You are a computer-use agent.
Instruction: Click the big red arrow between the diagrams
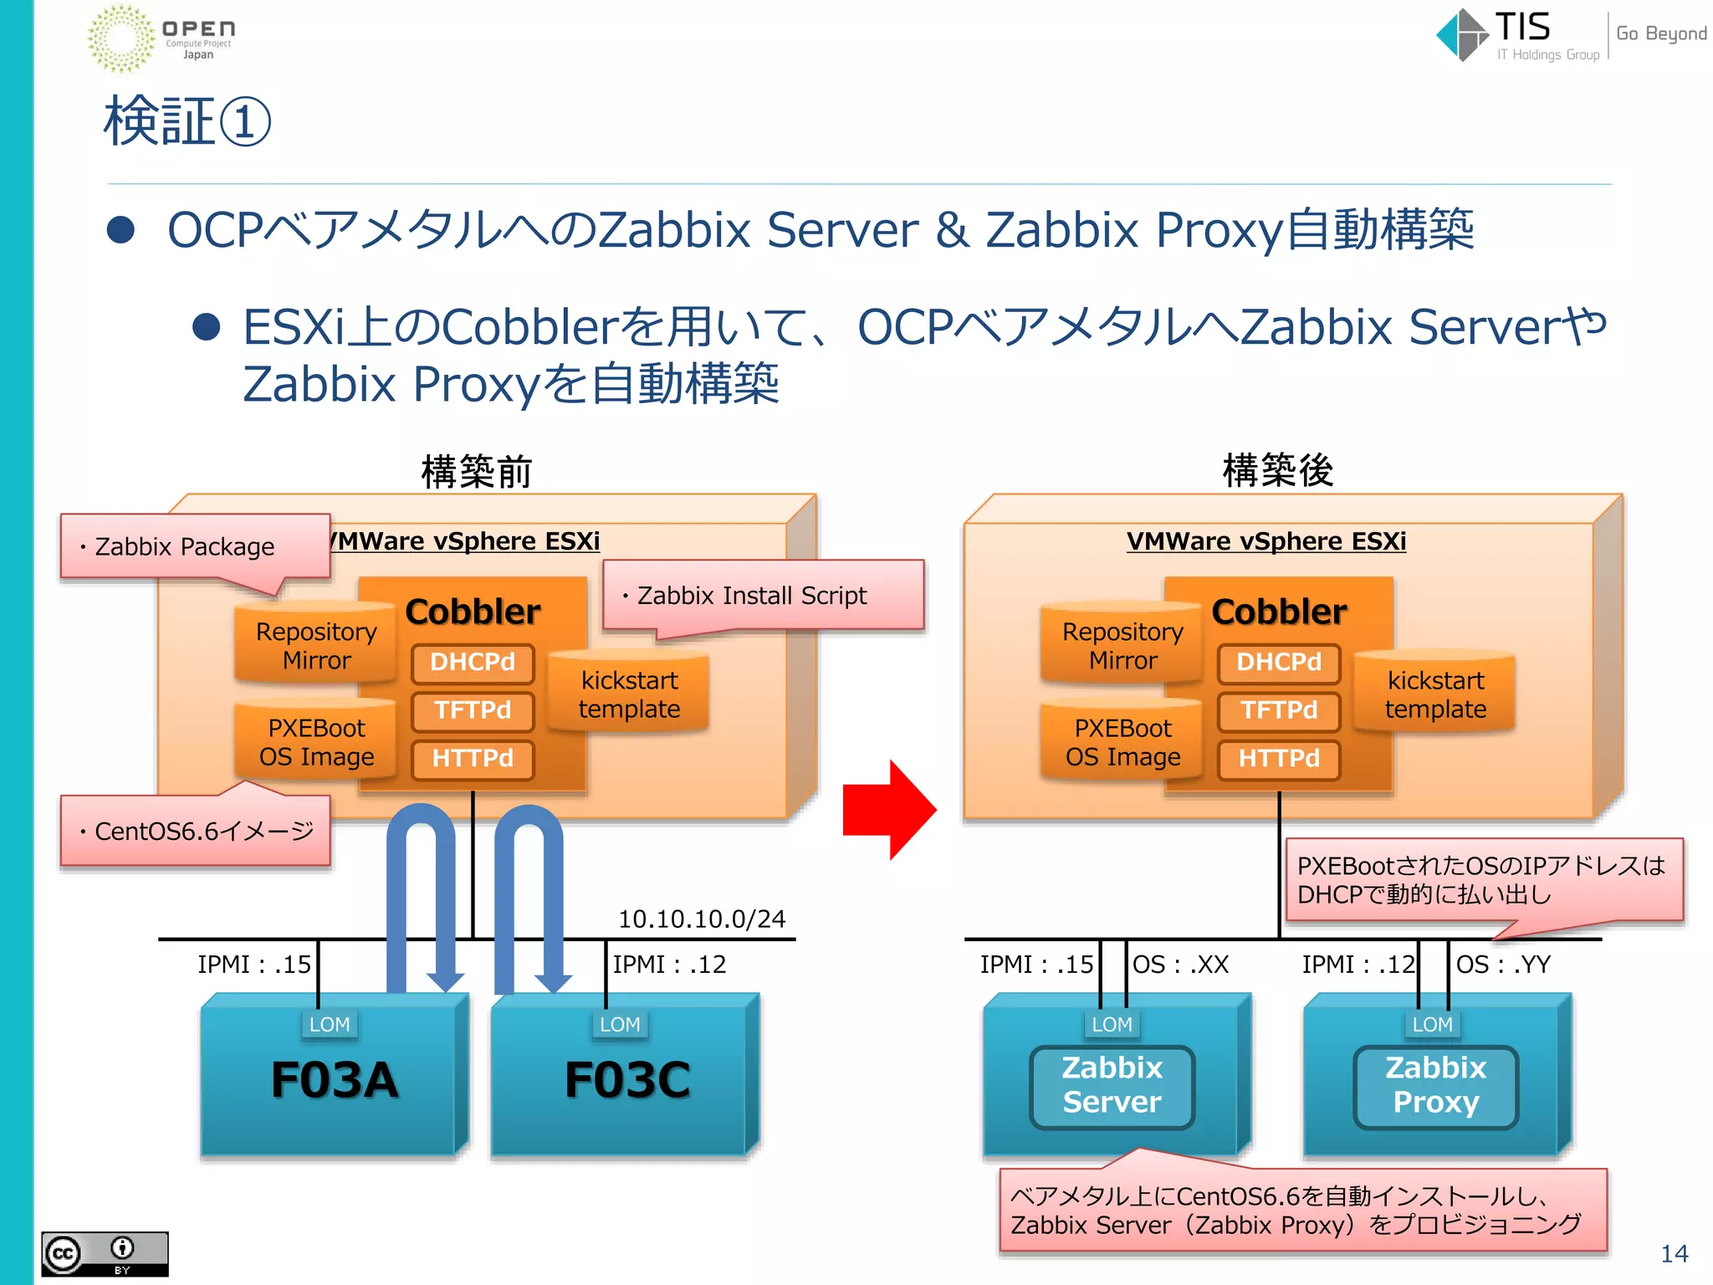click(888, 810)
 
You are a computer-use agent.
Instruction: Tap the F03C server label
click(627, 1079)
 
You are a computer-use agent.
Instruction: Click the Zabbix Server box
click(1112, 1086)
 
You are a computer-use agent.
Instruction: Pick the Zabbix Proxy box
click(1435, 1086)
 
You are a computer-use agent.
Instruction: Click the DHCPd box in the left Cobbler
click(473, 662)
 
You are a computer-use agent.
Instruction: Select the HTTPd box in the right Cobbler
click(1278, 759)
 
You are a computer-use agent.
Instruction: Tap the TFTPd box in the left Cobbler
click(473, 710)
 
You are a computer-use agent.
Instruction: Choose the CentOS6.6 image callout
click(196, 831)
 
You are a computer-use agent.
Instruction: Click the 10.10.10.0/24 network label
click(701, 919)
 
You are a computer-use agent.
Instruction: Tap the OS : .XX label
click(1180, 965)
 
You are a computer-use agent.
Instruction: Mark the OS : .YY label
click(1503, 965)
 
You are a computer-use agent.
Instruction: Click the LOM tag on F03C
click(620, 1025)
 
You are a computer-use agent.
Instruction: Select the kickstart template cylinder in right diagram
click(1435, 694)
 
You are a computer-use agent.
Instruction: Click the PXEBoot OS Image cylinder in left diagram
click(316, 742)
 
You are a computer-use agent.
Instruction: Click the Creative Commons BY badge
click(105, 1253)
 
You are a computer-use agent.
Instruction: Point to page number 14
click(1674, 1253)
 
